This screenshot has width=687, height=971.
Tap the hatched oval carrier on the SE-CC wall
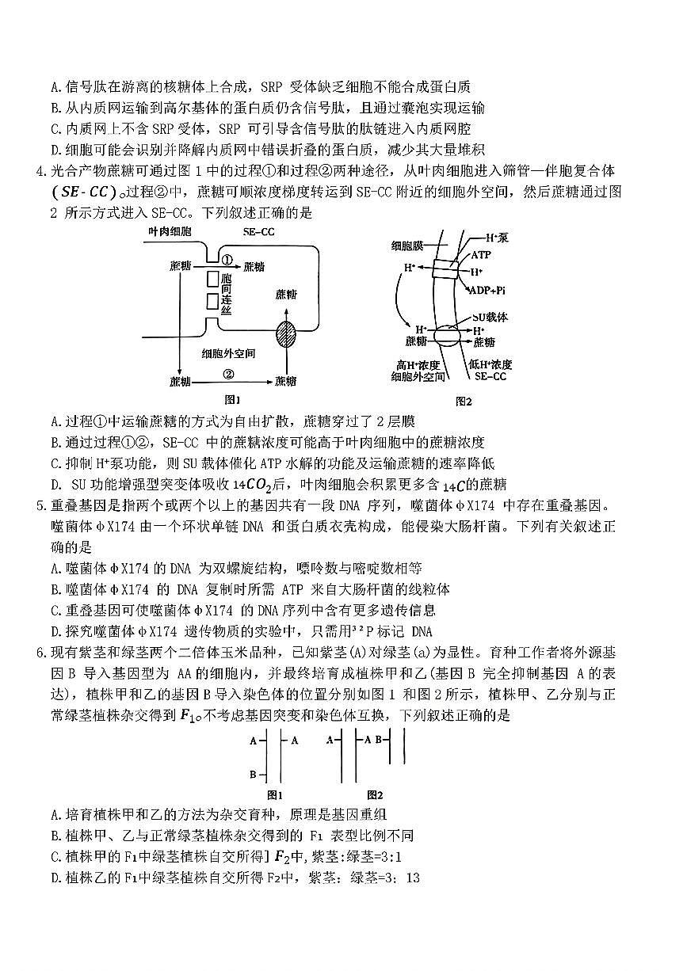click(x=286, y=333)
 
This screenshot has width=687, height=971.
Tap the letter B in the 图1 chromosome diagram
click(x=253, y=774)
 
